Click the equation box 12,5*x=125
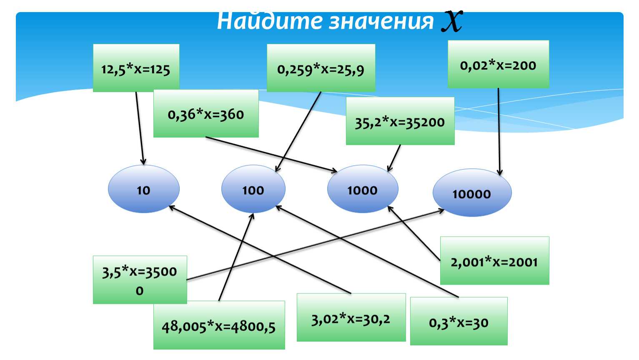136,68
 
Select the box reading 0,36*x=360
206,113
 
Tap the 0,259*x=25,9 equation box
321,68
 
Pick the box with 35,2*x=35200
400,121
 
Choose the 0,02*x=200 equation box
498,64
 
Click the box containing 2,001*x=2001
494,261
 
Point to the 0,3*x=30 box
459,321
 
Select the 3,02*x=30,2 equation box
351,317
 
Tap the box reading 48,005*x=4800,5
219,325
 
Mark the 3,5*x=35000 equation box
140,280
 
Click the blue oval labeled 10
143,189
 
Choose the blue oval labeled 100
253,189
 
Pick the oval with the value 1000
362,189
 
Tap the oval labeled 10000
472,192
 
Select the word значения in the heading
381,22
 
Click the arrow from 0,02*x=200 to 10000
499,131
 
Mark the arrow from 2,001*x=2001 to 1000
414,233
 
